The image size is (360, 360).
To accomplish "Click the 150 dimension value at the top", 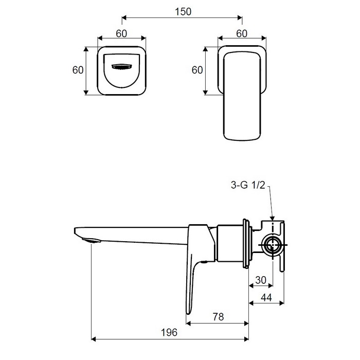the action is pos(183,12).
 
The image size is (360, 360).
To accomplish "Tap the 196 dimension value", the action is pos(169,332).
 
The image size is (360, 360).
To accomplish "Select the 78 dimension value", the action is pos(218,317).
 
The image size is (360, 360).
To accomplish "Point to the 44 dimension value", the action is pos(266,298).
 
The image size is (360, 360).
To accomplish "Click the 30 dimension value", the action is pos(261,280).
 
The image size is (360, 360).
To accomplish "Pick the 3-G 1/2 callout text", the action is pos(248,185).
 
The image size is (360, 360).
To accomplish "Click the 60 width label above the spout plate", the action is pos(121,34).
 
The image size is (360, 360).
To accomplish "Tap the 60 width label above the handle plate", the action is pos(242,34).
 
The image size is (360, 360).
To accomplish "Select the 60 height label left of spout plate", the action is pos(78,70).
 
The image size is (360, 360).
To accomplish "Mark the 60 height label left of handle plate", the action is pos(197,70).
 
